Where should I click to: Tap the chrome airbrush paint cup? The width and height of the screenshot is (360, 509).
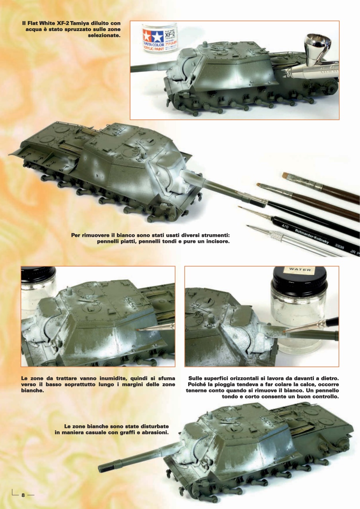click(314, 49)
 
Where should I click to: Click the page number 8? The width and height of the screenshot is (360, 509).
click(23, 495)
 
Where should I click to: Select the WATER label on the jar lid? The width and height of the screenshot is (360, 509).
click(300, 270)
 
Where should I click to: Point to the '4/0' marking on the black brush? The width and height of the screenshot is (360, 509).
click(284, 227)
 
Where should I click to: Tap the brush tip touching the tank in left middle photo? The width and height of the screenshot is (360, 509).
click(139, 329)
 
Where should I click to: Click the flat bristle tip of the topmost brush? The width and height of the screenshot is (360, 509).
click(286, 175)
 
